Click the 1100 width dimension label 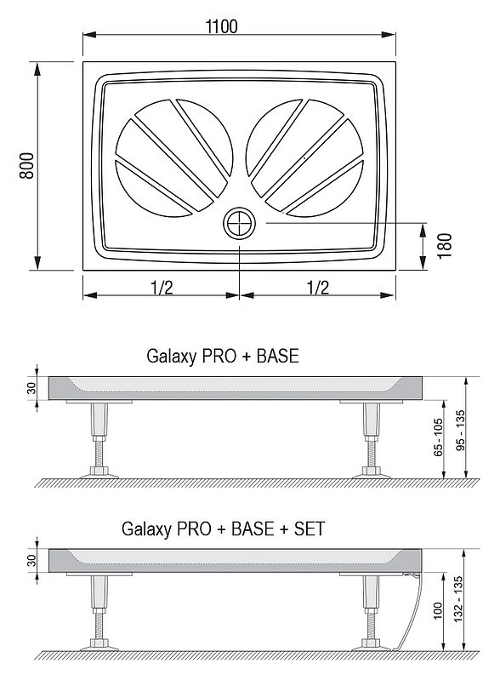(x=221, y=26)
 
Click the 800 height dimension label (x=27, y=165)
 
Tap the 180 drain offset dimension (x=444, y=246)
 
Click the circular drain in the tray (x=239, y=222)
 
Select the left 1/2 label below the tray (x=162, y=287)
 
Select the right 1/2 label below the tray (x=318, y=287)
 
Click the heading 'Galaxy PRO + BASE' (x=223, y=356)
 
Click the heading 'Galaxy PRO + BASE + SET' (x=223, y=529)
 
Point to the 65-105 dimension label (x=439, y=437)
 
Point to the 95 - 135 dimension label (x=460, y=430)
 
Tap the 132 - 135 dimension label (x=458, y=599)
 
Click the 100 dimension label (x=438, y=610)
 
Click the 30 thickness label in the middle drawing (x=31, y=388)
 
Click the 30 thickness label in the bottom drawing (x=31, y=560)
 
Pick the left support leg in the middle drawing (x=99, y=439)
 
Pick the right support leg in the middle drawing (x=372, y=439)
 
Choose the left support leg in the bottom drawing (x=99, y=611)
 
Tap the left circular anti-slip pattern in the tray (x=174, y=157)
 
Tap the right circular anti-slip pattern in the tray (x=304, y=157)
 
